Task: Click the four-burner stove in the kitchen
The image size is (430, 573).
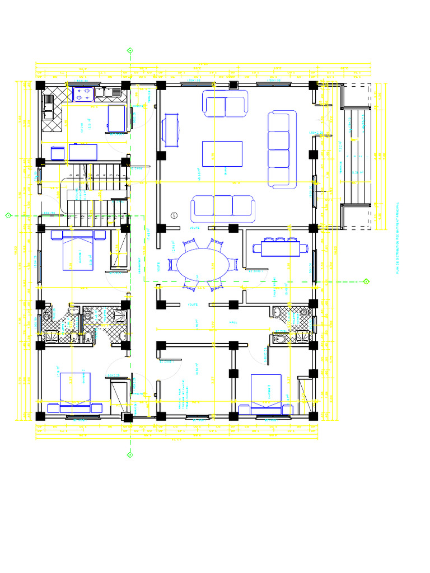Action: pos(83,94)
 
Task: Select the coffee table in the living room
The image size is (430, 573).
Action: pos(222,155)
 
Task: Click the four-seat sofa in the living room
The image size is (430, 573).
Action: pos(282,149)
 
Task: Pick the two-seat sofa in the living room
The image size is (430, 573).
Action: pos(225,104)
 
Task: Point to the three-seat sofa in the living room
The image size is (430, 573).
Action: pos(222,208)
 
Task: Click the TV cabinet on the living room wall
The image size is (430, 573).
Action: pos(171,131)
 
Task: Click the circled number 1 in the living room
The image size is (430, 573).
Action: pos(174,215)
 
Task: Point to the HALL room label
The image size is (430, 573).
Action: pos(233,322)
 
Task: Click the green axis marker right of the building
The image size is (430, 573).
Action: pos(366,281)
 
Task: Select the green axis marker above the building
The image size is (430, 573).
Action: pos(130,51)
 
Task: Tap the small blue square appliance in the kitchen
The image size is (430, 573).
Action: pos(57,153)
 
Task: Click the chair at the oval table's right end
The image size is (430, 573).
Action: pos(233,265)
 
